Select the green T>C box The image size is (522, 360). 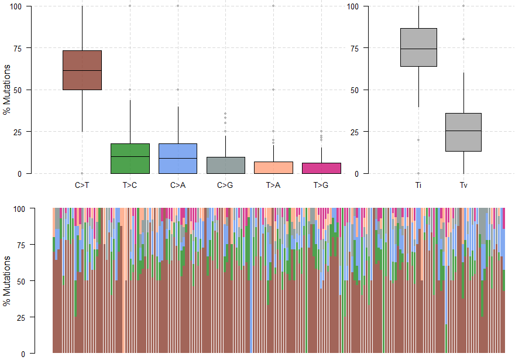(x=130, y=159)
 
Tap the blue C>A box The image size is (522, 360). (x=178, y=159)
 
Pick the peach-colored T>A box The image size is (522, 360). (x=273, y=167)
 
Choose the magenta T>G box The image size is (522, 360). (x=321, y=168)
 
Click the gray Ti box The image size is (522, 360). (x=418, y=47)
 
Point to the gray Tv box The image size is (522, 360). (x=463, y=132)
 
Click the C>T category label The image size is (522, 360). (x=82, y=186)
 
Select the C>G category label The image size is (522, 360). (x=225, y=186)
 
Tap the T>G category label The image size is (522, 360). (x=321, y=186)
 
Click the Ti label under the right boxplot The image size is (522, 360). (x=418, y=186)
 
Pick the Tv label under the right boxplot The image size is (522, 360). (x=463, y=186)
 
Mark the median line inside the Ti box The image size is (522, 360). (x=418, y=49)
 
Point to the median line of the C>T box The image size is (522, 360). (x=82, y=70)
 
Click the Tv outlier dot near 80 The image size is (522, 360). (x=463, y=39)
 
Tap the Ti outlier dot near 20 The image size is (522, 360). (x=418, y=140)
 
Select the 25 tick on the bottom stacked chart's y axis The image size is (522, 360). (x=23, y=317)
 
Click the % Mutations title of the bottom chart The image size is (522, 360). (x=7, y=281)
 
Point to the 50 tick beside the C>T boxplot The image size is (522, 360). (x=23, y=90)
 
